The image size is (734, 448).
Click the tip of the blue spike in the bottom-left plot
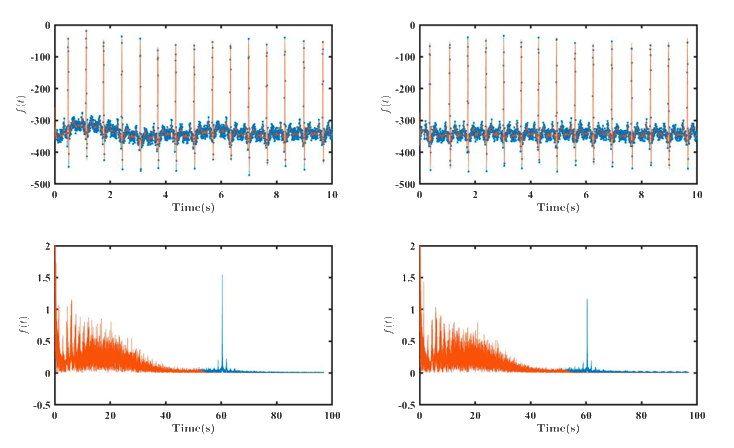coord(222,275)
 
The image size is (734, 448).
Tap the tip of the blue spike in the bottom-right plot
coord(587,299)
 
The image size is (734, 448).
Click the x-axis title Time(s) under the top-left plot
coord(193,207)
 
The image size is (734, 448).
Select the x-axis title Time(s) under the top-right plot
coord(558,207)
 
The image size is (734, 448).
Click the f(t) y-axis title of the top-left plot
coord(21,104)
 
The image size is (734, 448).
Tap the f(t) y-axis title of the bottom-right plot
coord(386,324)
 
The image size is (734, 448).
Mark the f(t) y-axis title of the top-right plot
coord(386,104)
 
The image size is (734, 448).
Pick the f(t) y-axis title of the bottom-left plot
coord(21,324)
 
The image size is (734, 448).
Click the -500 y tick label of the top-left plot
coord(41,185)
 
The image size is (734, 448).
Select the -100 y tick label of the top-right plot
coord(406,57)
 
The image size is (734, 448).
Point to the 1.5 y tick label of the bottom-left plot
coord(44,277)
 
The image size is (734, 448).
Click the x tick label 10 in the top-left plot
coord(331,194)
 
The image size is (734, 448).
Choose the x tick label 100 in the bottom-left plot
coord(331,414)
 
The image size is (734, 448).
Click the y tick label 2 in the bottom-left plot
coord(48,245)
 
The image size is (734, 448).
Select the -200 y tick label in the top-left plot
coord(41,89)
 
